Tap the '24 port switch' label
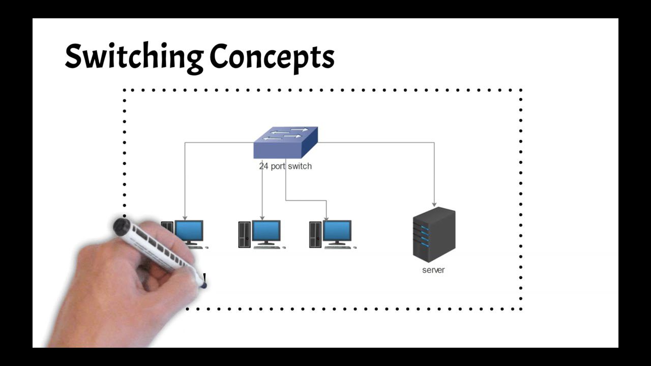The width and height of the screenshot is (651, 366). tap(285, 166)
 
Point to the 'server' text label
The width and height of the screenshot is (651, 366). tap(433, 270)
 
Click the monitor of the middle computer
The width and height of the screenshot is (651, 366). tap(267, 231)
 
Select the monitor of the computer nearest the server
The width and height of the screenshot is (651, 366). tap(337, 231)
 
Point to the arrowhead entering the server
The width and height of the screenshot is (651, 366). tap(434, 203)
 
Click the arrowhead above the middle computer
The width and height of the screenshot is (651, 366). tap(262, 218)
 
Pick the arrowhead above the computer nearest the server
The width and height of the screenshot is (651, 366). tap(326, 218)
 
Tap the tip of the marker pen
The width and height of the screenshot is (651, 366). tap(203, 286)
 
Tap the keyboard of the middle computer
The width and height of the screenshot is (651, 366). tap(268, 248)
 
